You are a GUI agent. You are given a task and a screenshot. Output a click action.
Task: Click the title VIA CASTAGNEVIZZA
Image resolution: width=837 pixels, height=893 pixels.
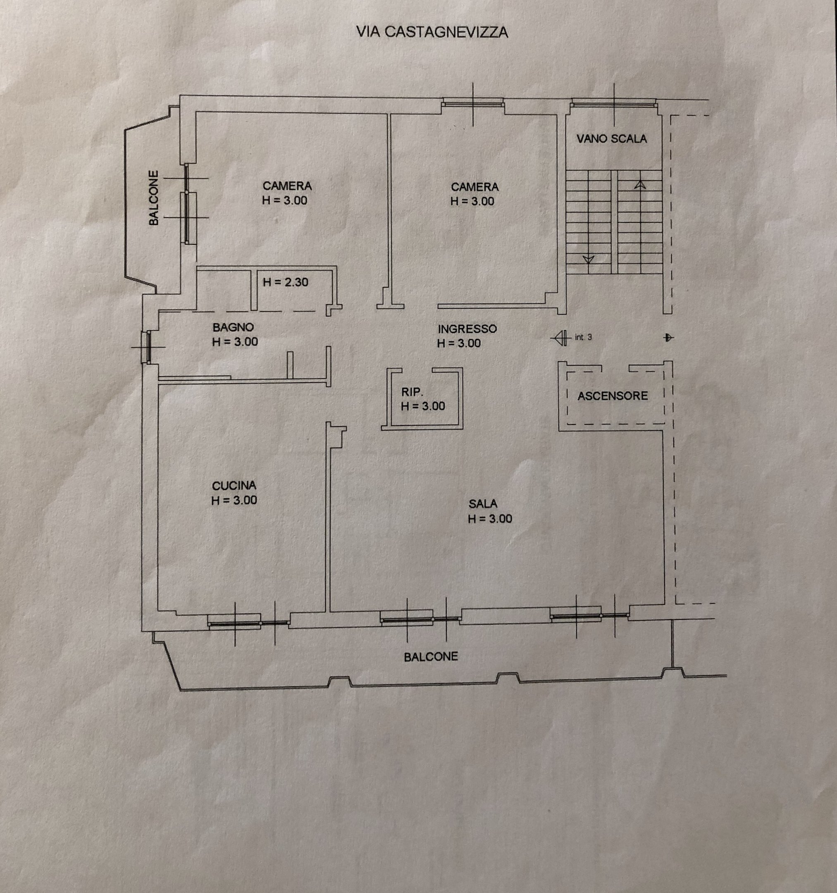pos(432,32)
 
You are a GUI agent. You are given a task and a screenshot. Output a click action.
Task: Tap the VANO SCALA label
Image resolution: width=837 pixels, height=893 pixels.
pos(612,139)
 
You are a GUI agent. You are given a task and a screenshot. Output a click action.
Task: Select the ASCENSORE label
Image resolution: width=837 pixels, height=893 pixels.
pos(613,396)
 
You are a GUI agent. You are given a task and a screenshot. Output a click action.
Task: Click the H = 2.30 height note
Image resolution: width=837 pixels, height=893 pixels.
pos(286,282)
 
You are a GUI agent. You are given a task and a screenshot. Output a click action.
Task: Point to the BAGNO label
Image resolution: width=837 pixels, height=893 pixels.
pos(233,327)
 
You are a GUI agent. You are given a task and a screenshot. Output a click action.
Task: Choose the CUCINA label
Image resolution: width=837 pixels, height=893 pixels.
pos(234,486)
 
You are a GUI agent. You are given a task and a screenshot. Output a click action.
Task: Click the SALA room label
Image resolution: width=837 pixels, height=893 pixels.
pos(483,504)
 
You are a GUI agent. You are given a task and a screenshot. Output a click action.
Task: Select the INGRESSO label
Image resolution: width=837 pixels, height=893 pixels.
pos(467,329)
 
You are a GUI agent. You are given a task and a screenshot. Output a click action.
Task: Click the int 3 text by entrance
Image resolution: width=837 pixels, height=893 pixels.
pos(583,337)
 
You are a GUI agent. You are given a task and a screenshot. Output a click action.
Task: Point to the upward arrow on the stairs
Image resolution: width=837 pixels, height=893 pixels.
pos(640,184)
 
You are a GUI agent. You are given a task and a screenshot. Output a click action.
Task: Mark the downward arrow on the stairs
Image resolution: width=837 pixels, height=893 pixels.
pos(588,259)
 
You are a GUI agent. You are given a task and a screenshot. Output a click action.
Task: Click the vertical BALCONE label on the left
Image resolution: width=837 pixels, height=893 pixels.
pos(154,198)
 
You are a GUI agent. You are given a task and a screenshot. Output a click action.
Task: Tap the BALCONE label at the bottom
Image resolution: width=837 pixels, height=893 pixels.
pos(431,657)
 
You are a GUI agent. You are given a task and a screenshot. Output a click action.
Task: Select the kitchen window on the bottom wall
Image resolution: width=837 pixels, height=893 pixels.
pos(248,623)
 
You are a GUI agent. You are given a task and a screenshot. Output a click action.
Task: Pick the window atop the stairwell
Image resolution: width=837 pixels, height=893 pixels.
pos(614,104)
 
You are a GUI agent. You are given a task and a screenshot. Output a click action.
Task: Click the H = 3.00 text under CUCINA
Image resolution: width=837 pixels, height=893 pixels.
pos(234,500)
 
